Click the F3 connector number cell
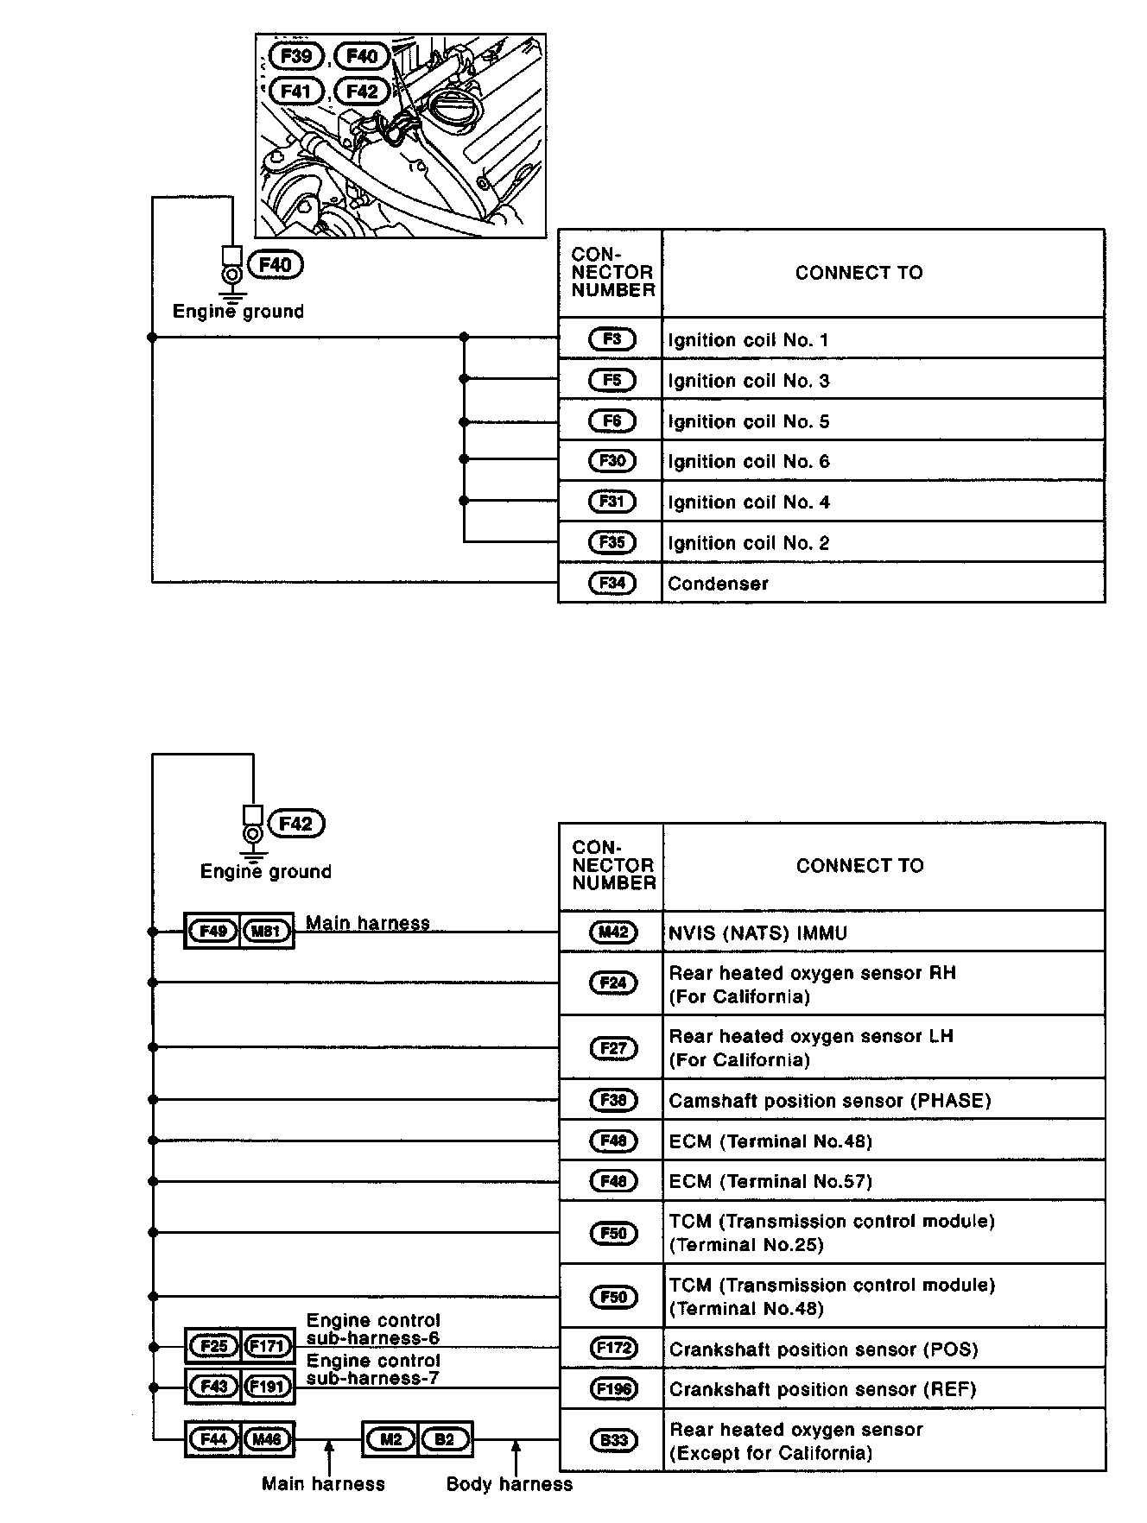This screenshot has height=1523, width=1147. click(612, 339)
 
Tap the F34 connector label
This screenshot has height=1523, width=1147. click(612, 583)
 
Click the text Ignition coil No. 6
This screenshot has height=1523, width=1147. click(748, 462)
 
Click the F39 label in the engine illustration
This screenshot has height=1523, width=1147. click(296, 57)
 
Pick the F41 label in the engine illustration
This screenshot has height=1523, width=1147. click(296, 91)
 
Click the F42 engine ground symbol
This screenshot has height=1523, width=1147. click(253, 835)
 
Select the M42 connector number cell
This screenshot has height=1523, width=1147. click(612, 932)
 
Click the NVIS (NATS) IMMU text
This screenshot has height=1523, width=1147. click(757, 933)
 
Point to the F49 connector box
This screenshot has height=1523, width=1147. click(212, 932)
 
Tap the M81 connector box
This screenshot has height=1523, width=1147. click(267, 932)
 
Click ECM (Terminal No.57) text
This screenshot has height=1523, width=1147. click(770, 1181)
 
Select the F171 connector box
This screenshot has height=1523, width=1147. click(267, 1346)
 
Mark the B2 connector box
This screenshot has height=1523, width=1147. click(445, 1439)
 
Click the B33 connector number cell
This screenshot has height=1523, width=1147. click(612, 1440)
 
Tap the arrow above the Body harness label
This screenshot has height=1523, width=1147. click(516, 1456)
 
